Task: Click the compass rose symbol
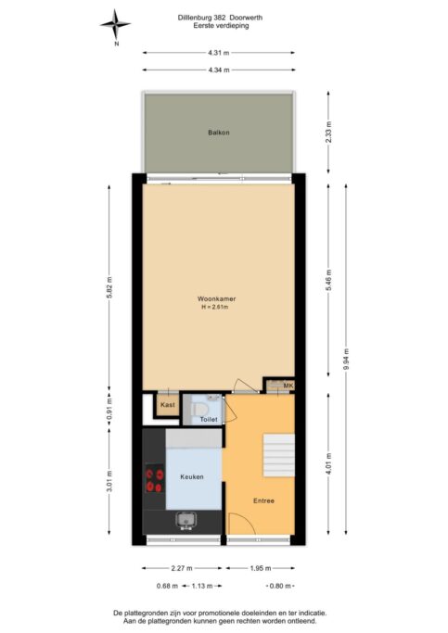[x=116, y=25]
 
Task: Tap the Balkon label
[x=219, y=133]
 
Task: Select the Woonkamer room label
[x=216, y=299]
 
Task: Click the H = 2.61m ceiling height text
[x=215, y=307]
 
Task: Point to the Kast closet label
[x=168, y=405]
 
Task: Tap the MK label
[x=288, y=386]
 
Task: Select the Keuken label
[x=192, y=476]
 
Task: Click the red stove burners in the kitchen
[x=154, y=480]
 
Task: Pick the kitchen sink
[x=186, y=520]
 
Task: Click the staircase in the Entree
[x=279, y=455]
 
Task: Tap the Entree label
[x=263, y=501]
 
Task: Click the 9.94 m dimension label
[x=346, y=359]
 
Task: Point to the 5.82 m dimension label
[x=109, y=287]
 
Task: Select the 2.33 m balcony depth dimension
[x=328, y=132]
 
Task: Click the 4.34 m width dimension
[x=219, y=70]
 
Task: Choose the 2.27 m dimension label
[x=182, y=568]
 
